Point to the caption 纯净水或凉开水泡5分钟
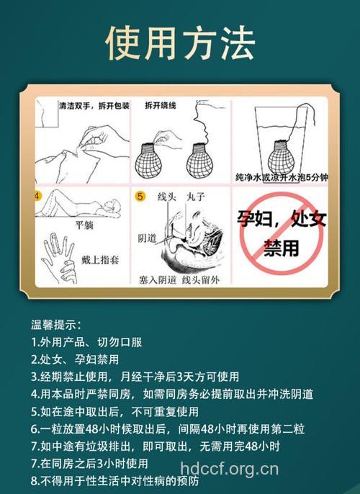click(x=277, y=176)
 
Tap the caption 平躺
click(x=84, y=223)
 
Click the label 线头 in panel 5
click(x=168, y=195)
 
